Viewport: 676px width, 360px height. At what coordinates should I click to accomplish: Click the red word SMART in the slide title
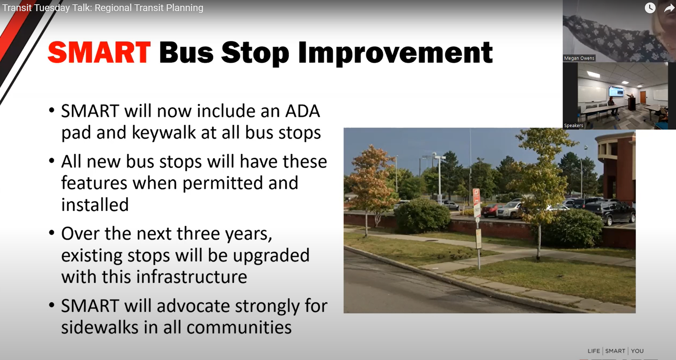99,52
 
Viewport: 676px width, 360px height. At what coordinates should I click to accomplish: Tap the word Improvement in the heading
395,53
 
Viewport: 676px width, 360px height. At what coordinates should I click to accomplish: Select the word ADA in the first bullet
302,111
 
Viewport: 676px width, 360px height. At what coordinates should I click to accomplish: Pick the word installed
95,205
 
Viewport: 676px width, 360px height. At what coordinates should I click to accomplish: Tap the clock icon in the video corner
650,8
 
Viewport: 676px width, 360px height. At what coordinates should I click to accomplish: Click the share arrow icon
669,8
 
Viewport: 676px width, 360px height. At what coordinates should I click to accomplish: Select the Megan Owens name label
579,58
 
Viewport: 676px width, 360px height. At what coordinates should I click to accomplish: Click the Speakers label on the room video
574,125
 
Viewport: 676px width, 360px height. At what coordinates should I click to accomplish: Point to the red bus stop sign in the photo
476,197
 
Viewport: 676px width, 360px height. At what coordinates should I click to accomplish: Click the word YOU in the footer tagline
637,351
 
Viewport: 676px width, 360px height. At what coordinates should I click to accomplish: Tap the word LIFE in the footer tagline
594,351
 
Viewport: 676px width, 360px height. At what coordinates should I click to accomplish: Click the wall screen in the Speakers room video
616,92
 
